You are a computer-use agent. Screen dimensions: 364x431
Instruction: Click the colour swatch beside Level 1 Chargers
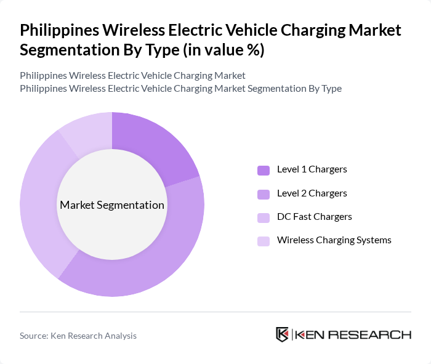pyautogui.click(x=264, y=170)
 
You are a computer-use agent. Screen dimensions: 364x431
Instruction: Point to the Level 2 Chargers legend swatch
pyautogui.click(x=264, y=194)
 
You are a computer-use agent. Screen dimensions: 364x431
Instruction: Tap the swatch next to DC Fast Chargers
pyautogui.click(x=264, y=217)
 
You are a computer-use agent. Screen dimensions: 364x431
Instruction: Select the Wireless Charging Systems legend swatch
pyautogui.click(x=264, y=241)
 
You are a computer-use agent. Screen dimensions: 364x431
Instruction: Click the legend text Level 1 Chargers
pyautogui.click(x=312, y=169)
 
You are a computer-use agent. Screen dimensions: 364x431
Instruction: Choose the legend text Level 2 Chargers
pyautogui.click(x=312, y=193)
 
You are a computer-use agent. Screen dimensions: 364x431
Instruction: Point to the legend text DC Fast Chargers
pyautogui.click(x=315, y=217)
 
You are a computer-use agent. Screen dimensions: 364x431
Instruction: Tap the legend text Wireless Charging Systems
pyautogui.click(x=334, y=240)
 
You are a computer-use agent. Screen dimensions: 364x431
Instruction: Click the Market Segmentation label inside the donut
pyautogui.click(x=112, y=205)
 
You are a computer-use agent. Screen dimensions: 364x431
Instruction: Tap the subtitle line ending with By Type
pyautogui.click(x=180, y=89)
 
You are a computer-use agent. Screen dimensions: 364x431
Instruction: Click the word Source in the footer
pyautogui.click(x=34, y=336)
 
